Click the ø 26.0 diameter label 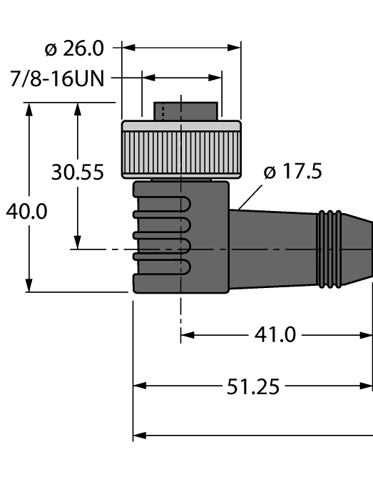click(x=73, y=48)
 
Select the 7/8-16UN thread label click(x=57, y=78)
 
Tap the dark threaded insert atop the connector click(x=185, y=111)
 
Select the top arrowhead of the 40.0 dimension click(x=29, y=109)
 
